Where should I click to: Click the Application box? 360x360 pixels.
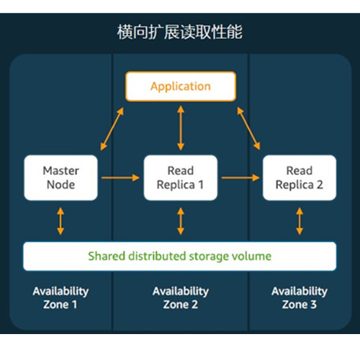[181, 86]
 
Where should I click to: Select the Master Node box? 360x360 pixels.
[60, 178]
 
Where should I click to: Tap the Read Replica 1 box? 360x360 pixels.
[181, 178]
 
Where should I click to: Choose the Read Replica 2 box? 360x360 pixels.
[300, 178]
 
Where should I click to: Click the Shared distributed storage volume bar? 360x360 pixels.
[180, 256]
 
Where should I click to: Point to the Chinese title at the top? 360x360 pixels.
[180, 32]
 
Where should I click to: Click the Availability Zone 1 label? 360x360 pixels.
[60, 298]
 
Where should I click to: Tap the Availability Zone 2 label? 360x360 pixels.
[181, 298]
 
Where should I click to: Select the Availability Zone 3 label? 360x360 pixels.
[300, 298]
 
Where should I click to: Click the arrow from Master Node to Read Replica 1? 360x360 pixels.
[120, 178]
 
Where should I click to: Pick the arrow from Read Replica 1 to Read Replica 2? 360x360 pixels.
[240, 178]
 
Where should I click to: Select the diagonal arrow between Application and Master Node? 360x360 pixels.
[112, 129]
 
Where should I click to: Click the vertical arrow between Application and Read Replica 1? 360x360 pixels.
[181, 128]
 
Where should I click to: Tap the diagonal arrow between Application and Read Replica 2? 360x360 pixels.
[248, 128]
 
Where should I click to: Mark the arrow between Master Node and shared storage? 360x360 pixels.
[60, 221]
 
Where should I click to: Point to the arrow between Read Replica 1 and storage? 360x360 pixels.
[181, 221]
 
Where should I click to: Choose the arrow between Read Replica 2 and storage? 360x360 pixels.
[300, 221]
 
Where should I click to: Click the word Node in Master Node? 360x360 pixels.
[60, 185]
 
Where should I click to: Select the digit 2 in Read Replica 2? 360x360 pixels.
[320, 185]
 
